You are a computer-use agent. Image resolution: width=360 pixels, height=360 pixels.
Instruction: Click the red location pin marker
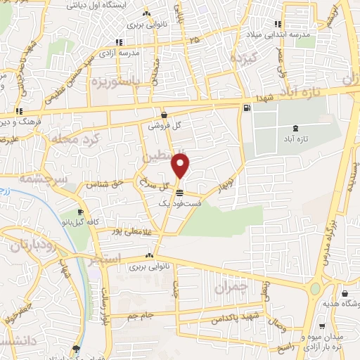click(x=181, y=165)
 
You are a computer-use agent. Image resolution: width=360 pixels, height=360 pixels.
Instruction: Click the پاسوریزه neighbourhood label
click(x=110, y=82)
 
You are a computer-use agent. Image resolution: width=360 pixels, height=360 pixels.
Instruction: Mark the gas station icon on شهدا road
click(x=246, y=108)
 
